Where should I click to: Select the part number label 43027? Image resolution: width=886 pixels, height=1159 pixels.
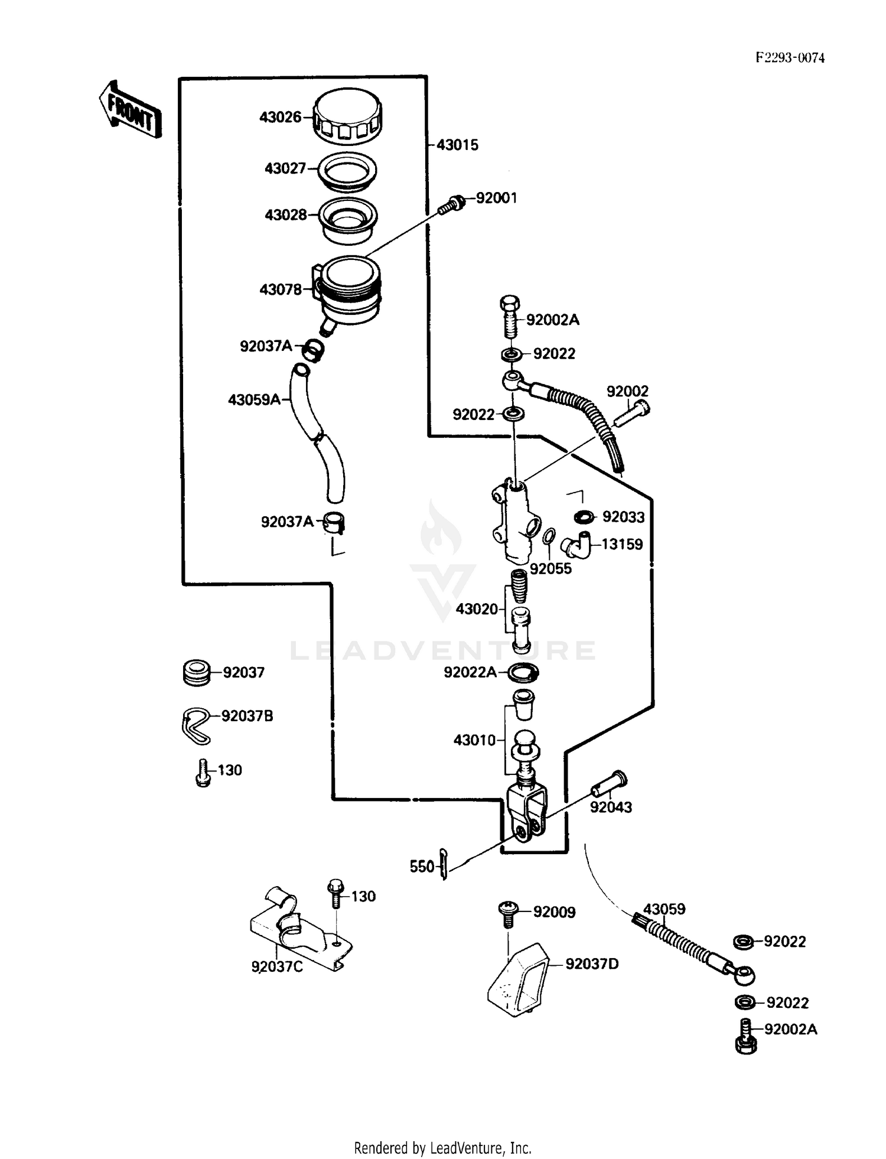click(285, 169)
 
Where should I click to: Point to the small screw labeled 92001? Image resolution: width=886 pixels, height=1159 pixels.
click(452, 204)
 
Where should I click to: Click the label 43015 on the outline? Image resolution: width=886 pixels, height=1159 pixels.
click(457, 145)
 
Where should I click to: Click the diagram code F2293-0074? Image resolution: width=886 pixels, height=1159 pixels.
click(790, 57)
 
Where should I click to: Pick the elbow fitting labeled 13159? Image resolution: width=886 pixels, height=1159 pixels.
click(575, 544)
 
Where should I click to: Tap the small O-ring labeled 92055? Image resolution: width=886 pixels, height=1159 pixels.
click(549, 536)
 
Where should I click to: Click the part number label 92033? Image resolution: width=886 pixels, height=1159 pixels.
click(623, 517)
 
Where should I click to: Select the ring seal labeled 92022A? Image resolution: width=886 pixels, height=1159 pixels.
click(523, 672)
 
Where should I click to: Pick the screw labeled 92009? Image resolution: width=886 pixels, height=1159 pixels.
click(507, 913)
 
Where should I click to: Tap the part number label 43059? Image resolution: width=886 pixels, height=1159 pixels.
click(664, 909)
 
